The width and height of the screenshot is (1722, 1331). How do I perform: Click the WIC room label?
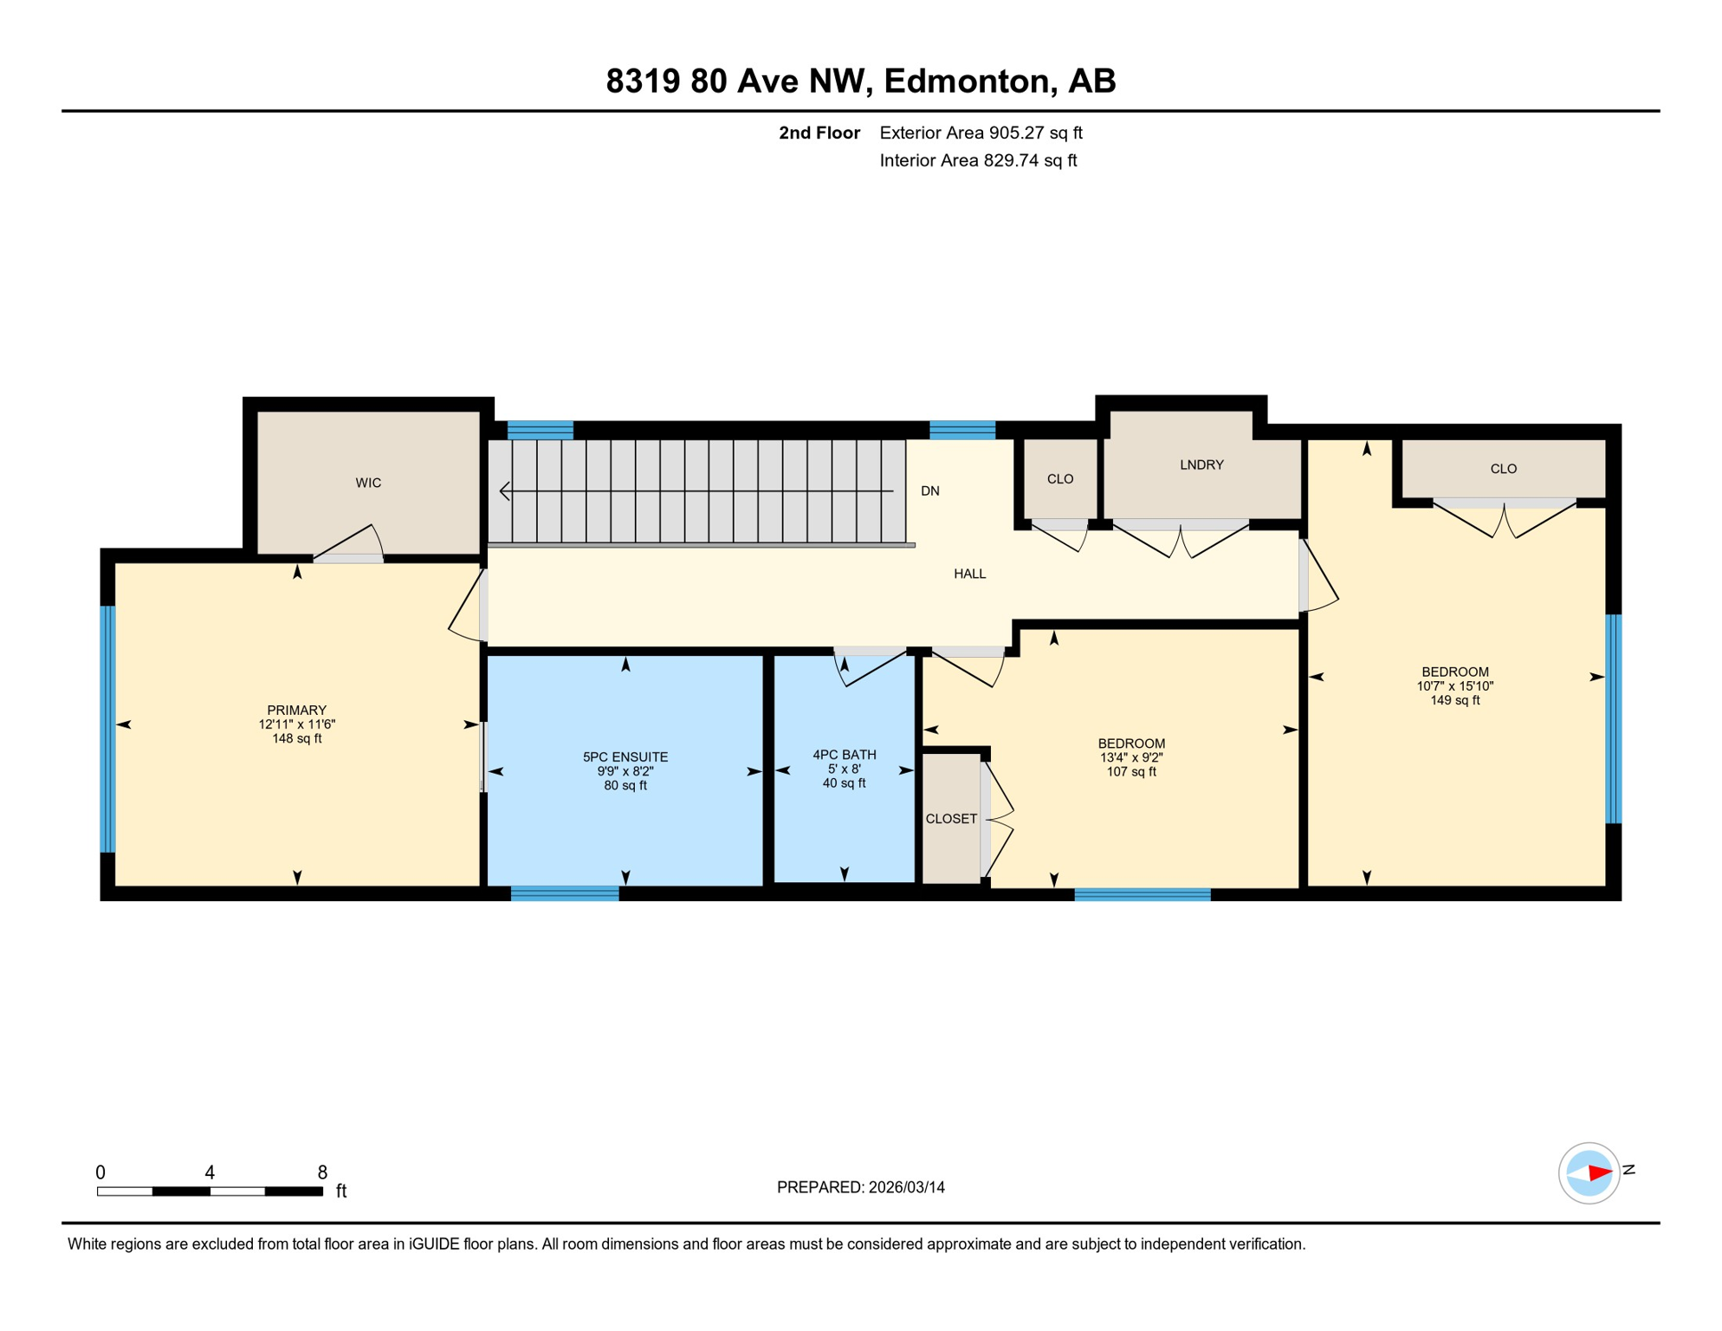(x=368, y=483)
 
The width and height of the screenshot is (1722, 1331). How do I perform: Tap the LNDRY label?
(x=1201, y=465)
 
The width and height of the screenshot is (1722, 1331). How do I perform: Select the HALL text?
(x=969, y=574)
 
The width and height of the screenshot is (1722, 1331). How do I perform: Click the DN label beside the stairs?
(x=929, y=491)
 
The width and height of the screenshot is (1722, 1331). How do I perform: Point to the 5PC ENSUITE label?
(x=625, y=757)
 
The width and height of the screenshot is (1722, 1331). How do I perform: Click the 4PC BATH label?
(x=844, y=755)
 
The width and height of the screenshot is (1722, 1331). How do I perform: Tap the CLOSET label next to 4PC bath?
(x=951, y=819)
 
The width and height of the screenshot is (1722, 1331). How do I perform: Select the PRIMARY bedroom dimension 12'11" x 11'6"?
(x=296, y=724)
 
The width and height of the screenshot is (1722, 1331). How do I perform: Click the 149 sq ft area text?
(x=1454, y=700)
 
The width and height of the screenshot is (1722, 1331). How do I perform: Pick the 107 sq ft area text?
(x=1130, y=772)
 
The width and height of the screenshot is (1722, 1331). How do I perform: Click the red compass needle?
(x=1599, y=1173)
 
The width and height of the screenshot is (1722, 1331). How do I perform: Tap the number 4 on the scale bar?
(x=210, y=1172)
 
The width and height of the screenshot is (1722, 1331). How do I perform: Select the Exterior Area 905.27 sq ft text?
(x=981, y=133)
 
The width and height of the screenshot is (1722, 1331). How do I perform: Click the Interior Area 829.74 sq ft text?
(x=978, y=160)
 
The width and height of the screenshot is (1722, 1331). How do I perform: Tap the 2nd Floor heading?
(x=819, y=133)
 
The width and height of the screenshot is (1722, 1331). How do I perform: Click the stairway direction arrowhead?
(x=504, y=491)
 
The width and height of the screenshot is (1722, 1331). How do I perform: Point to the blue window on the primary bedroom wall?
(x=107, y=729)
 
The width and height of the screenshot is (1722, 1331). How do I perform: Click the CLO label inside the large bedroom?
(x=1503, y=469)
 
